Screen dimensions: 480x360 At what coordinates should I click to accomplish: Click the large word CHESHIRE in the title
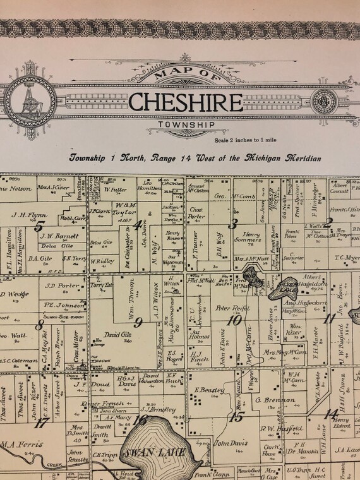pos(184,102)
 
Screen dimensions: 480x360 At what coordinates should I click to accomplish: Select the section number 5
pos(40,225)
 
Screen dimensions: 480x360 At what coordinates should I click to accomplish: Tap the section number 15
pos(237,417)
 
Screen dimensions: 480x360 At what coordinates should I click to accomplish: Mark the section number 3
pos(233,222)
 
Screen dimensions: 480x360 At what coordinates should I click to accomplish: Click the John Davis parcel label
pos(229,443)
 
